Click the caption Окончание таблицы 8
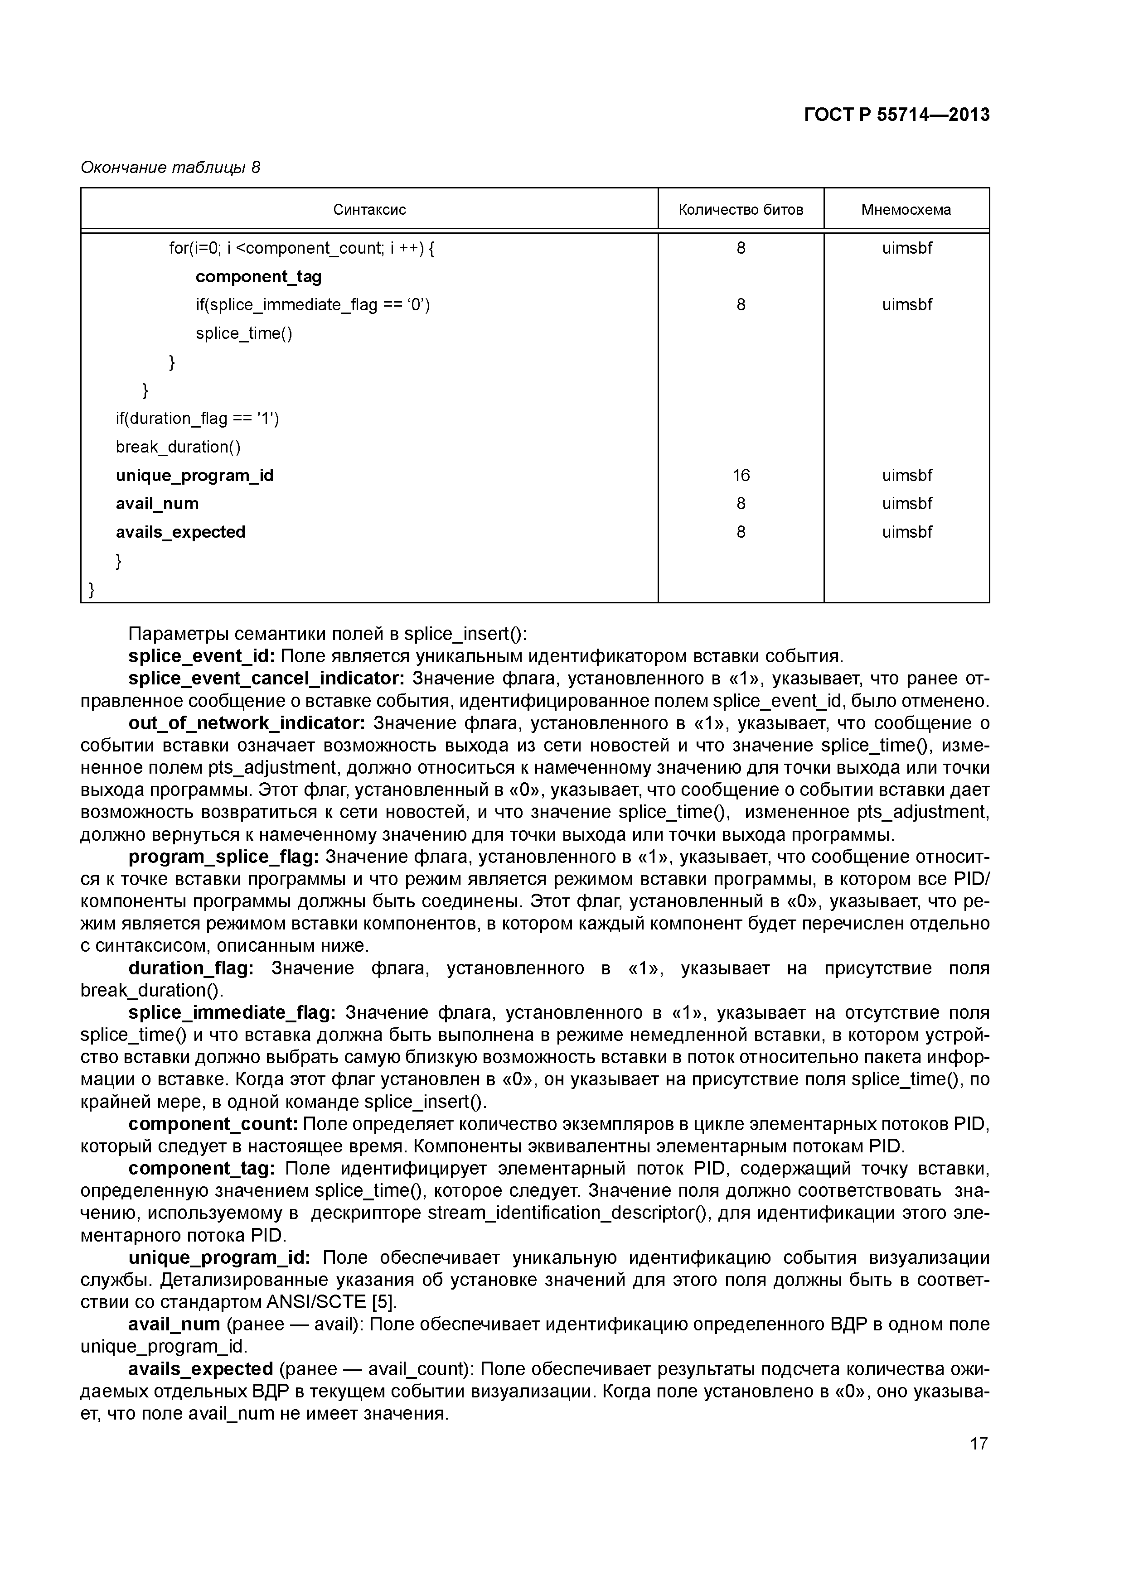[170, 168]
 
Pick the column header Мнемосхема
[906, 210]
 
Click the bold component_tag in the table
[258, 277]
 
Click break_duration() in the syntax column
[178, 447]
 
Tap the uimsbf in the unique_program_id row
[906, 476]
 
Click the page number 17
[979, 1444]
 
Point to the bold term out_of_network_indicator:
[247, 723]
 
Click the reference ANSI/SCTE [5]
[331, 1302]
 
